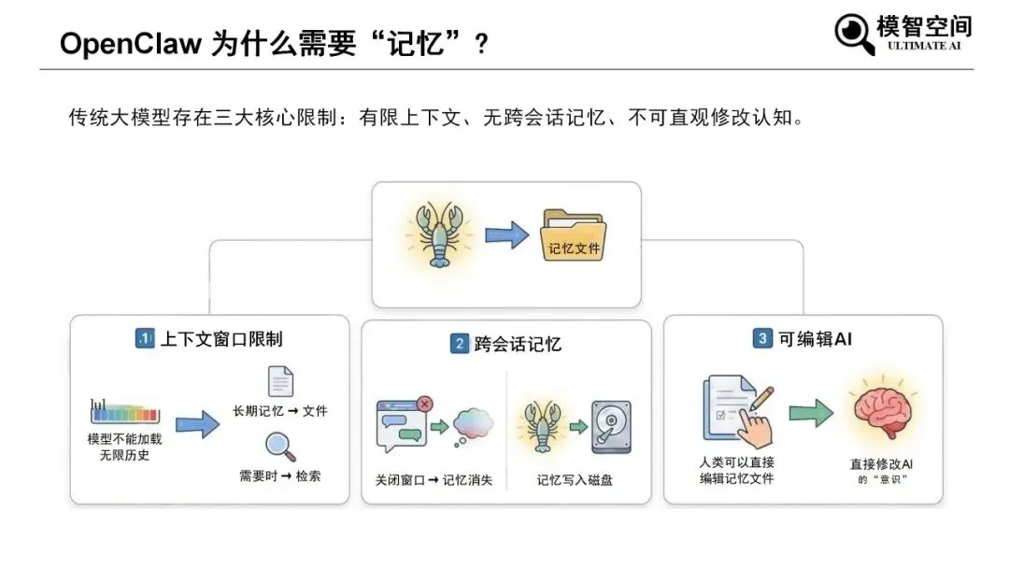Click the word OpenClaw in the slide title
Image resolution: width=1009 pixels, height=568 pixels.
click(x=131, y=44)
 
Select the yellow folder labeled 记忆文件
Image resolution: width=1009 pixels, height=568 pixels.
click(x=574, y=235)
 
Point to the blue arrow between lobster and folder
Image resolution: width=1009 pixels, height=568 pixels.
click(x=506, y=234)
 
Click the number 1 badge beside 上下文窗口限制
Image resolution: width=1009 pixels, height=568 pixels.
click(x=145, y=338)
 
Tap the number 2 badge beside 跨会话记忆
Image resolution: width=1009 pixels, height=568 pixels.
click(x=459, y=344)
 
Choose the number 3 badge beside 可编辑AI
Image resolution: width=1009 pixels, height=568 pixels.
click(x=762, y=339)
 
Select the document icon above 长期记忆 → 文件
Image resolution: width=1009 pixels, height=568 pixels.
click(x=280, y=381)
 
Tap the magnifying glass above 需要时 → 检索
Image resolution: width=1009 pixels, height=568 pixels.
click(x=280, y=447)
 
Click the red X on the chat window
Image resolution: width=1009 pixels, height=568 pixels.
click(x=424, y=404)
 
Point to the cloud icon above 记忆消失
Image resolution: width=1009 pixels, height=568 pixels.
click(x=473, y=425)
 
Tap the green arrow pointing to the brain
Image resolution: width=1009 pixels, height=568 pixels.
click(x=810, y=413)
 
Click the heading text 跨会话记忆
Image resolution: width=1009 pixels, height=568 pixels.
click(x=518, y=344)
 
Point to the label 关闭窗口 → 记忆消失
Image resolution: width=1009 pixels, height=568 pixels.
click(x=433, y=480)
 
